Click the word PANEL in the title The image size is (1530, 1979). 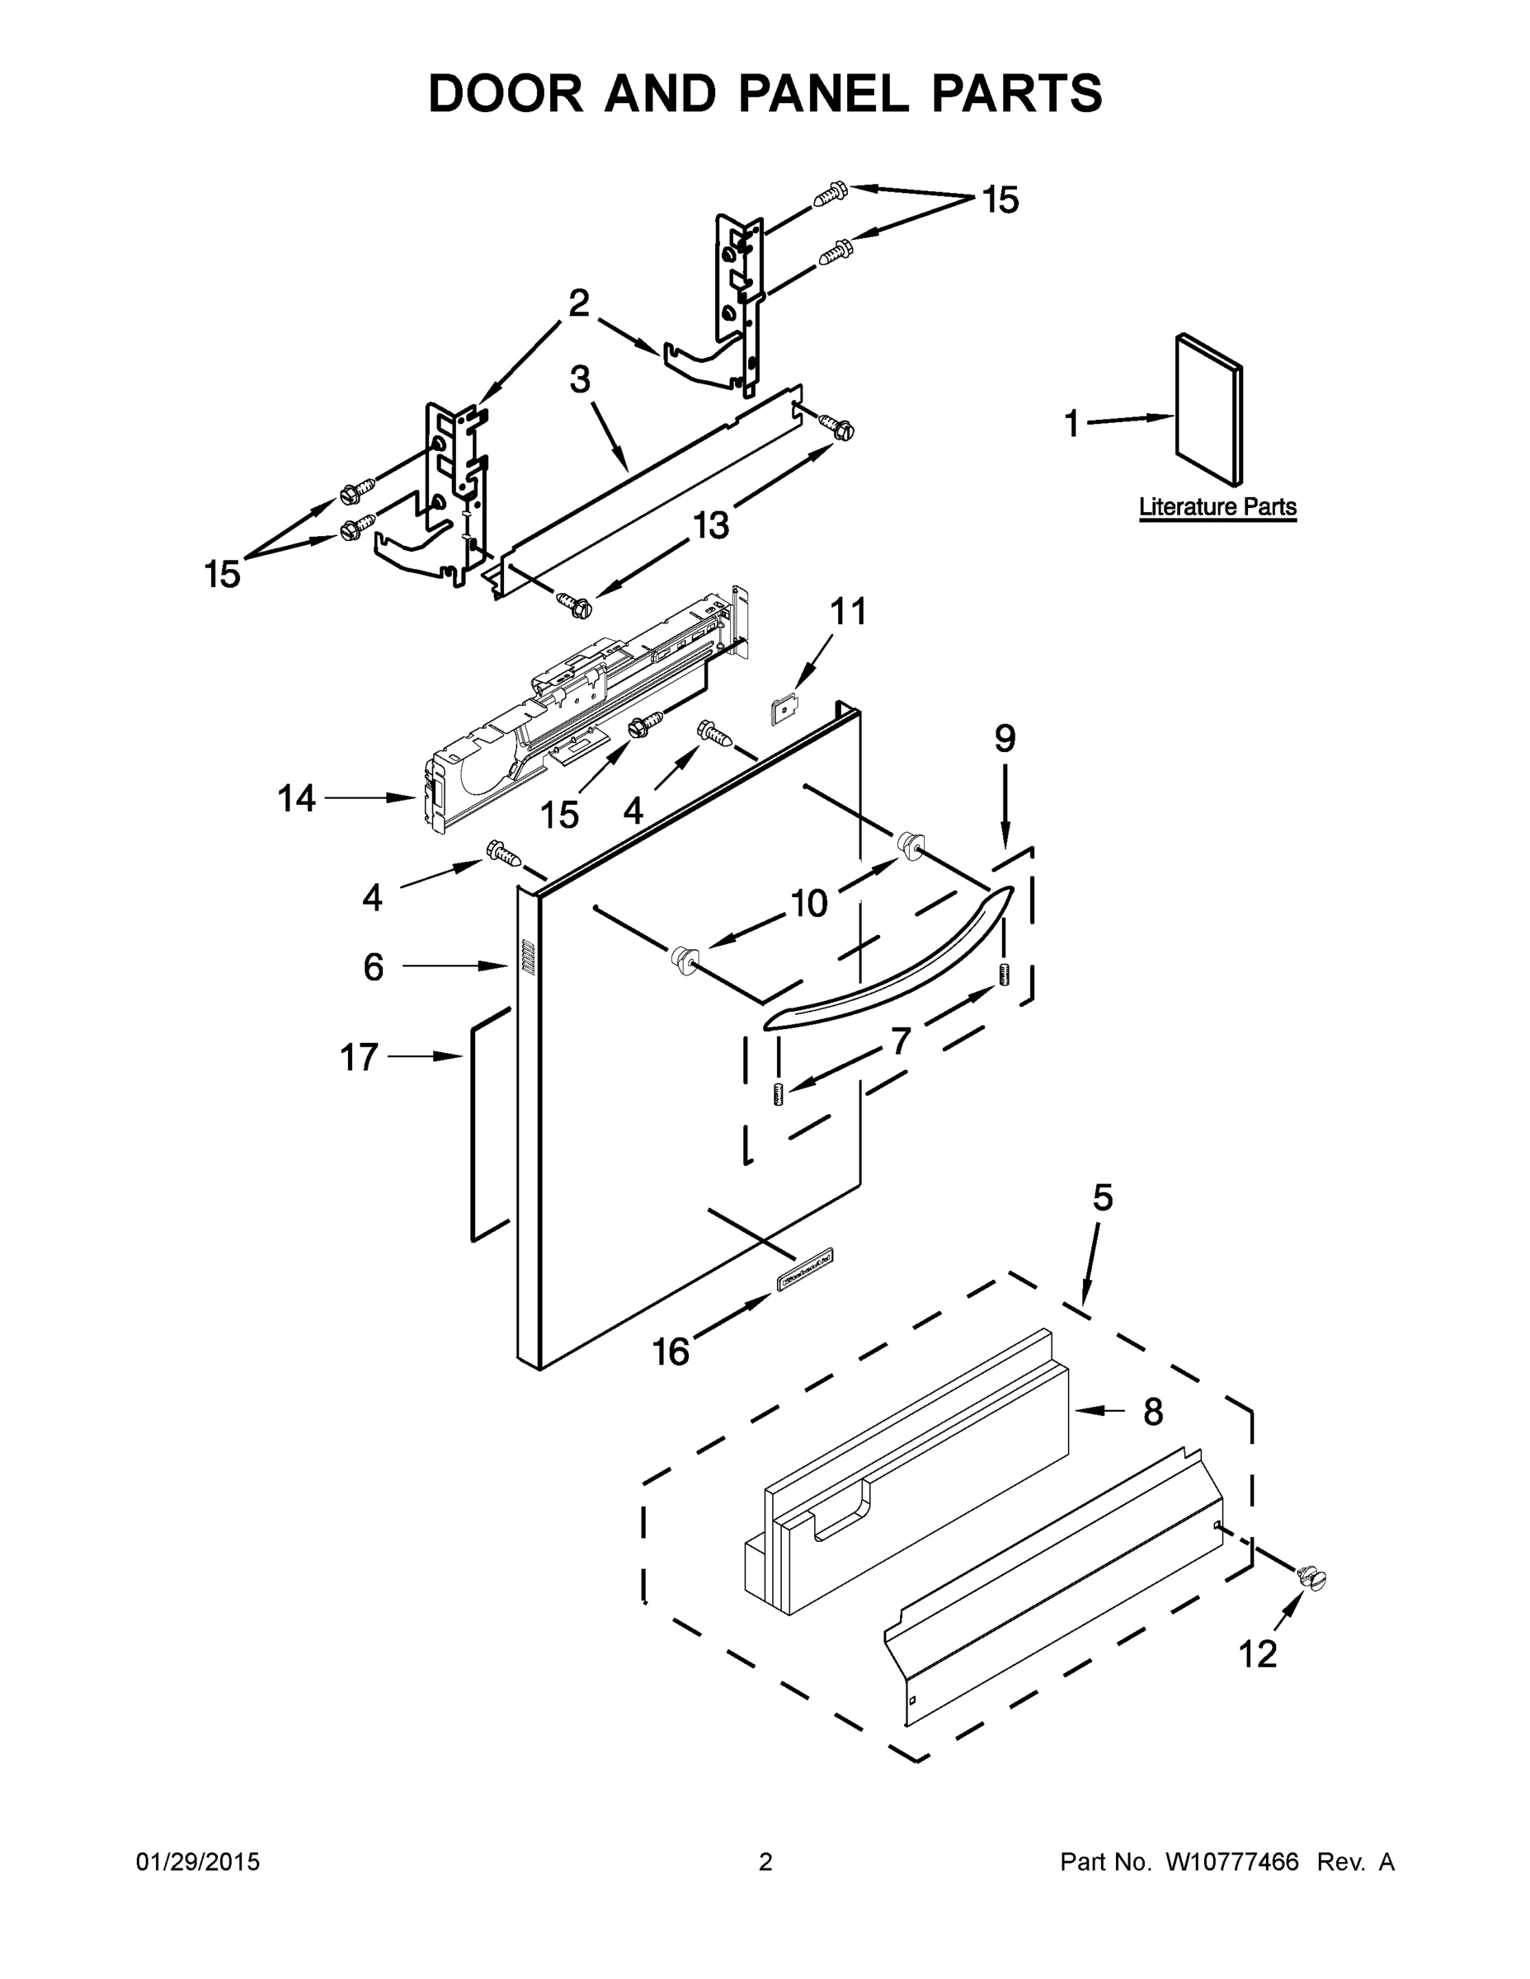point(823,93)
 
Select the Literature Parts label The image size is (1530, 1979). point(1217,507)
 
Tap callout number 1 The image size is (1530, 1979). point(1071,423)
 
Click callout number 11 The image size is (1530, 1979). point(849,612)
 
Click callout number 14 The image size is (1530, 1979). point(296,798)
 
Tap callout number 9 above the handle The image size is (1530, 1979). point(1005,740)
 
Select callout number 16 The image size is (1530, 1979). point(671,1353)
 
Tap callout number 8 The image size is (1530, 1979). point(1152,1412)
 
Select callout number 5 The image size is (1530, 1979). point(1101,1198)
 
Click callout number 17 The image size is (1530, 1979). point(358,1057)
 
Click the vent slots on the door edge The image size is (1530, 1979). point(526,958)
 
